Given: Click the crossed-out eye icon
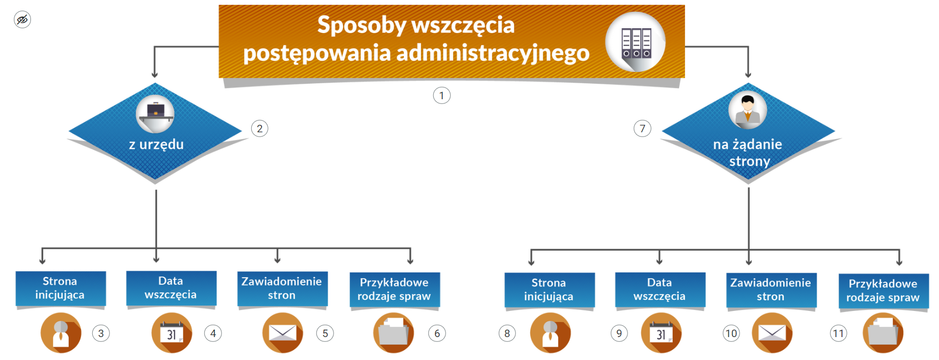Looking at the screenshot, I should (x=22, y=20).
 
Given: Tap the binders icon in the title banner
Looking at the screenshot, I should (x=635, y=43).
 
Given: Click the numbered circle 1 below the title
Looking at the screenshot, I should (x=441, y=95).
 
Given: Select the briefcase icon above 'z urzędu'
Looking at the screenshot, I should (x=155, y=113).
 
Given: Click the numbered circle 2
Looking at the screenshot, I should (x=259, y=129).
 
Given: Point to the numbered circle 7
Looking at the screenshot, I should (x=642, y=129).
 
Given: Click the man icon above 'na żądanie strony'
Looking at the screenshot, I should (x=747, y=110).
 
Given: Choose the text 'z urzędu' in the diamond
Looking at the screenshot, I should (x=156, y=144).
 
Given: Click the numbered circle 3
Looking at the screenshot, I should (x=101, y=333).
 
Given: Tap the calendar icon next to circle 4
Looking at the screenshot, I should (x=172, y=333).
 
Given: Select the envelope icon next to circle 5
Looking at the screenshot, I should (x=283, y=333).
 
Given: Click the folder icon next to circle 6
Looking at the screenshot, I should (x=394, y=333).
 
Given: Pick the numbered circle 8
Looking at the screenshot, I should (x=507, y=333).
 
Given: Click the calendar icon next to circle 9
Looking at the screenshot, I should (x=661, y=333).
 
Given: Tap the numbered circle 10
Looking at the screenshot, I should (x=731, y=333).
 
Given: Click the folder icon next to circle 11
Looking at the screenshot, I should (x=883, y=333).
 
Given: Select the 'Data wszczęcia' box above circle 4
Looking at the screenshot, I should (x=171, y=288).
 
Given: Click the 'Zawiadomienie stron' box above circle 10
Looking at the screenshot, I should (x=771, y=290).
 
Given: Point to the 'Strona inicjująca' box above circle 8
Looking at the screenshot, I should (x=549, y=290).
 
